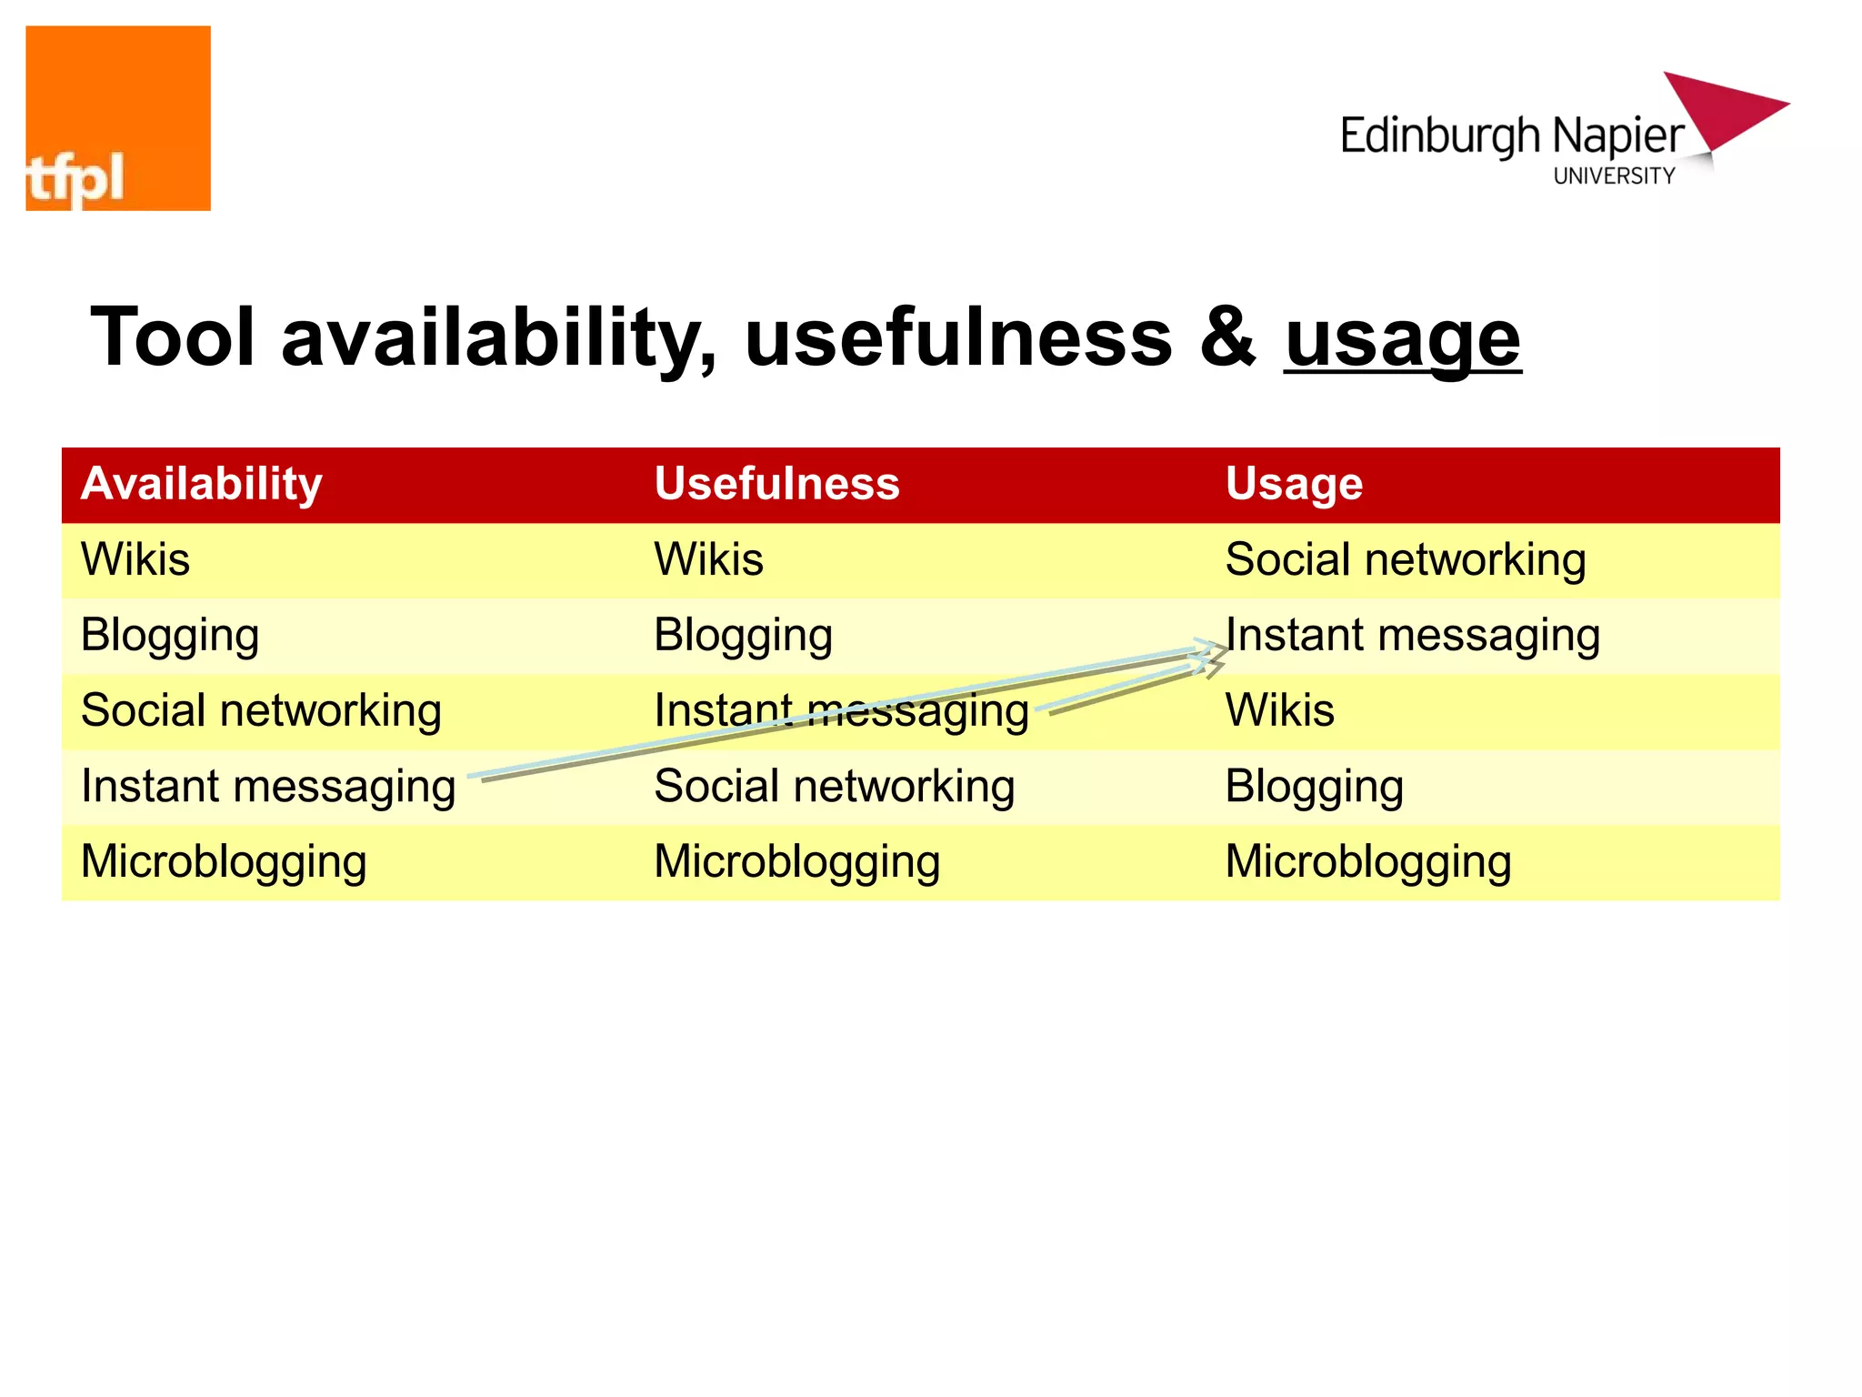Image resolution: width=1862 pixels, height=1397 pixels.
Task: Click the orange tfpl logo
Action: point(118,118)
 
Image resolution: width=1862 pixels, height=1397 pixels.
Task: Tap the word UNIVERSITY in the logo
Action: point(1614,176)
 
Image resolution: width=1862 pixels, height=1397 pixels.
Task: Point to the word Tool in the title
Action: point(173,337)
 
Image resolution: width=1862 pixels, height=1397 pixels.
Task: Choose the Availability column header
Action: point(201,484)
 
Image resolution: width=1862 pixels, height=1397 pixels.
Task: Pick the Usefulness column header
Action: point(776,484)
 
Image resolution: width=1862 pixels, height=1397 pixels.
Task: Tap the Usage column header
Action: point(1294,484)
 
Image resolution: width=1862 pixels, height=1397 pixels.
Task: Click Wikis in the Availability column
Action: point(135,559)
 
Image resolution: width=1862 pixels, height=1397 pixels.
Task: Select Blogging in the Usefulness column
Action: point(743,635)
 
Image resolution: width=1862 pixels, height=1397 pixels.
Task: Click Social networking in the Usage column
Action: point(1405,559)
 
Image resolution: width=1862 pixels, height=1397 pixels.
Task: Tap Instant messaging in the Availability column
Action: point(268,787)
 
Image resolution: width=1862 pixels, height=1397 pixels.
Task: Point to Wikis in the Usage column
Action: point(1279,710)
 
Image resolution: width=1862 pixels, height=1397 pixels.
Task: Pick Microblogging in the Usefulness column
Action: point(796,862)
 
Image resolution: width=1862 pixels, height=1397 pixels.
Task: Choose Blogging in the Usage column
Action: point(1314,787)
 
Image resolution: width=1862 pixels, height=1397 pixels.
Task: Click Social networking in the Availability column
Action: point(261,710)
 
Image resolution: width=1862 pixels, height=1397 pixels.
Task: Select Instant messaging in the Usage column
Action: point(1412,635)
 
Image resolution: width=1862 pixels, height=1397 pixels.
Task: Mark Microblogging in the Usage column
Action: point(1367,862)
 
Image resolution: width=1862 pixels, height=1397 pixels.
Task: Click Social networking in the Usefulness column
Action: point(834,787)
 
